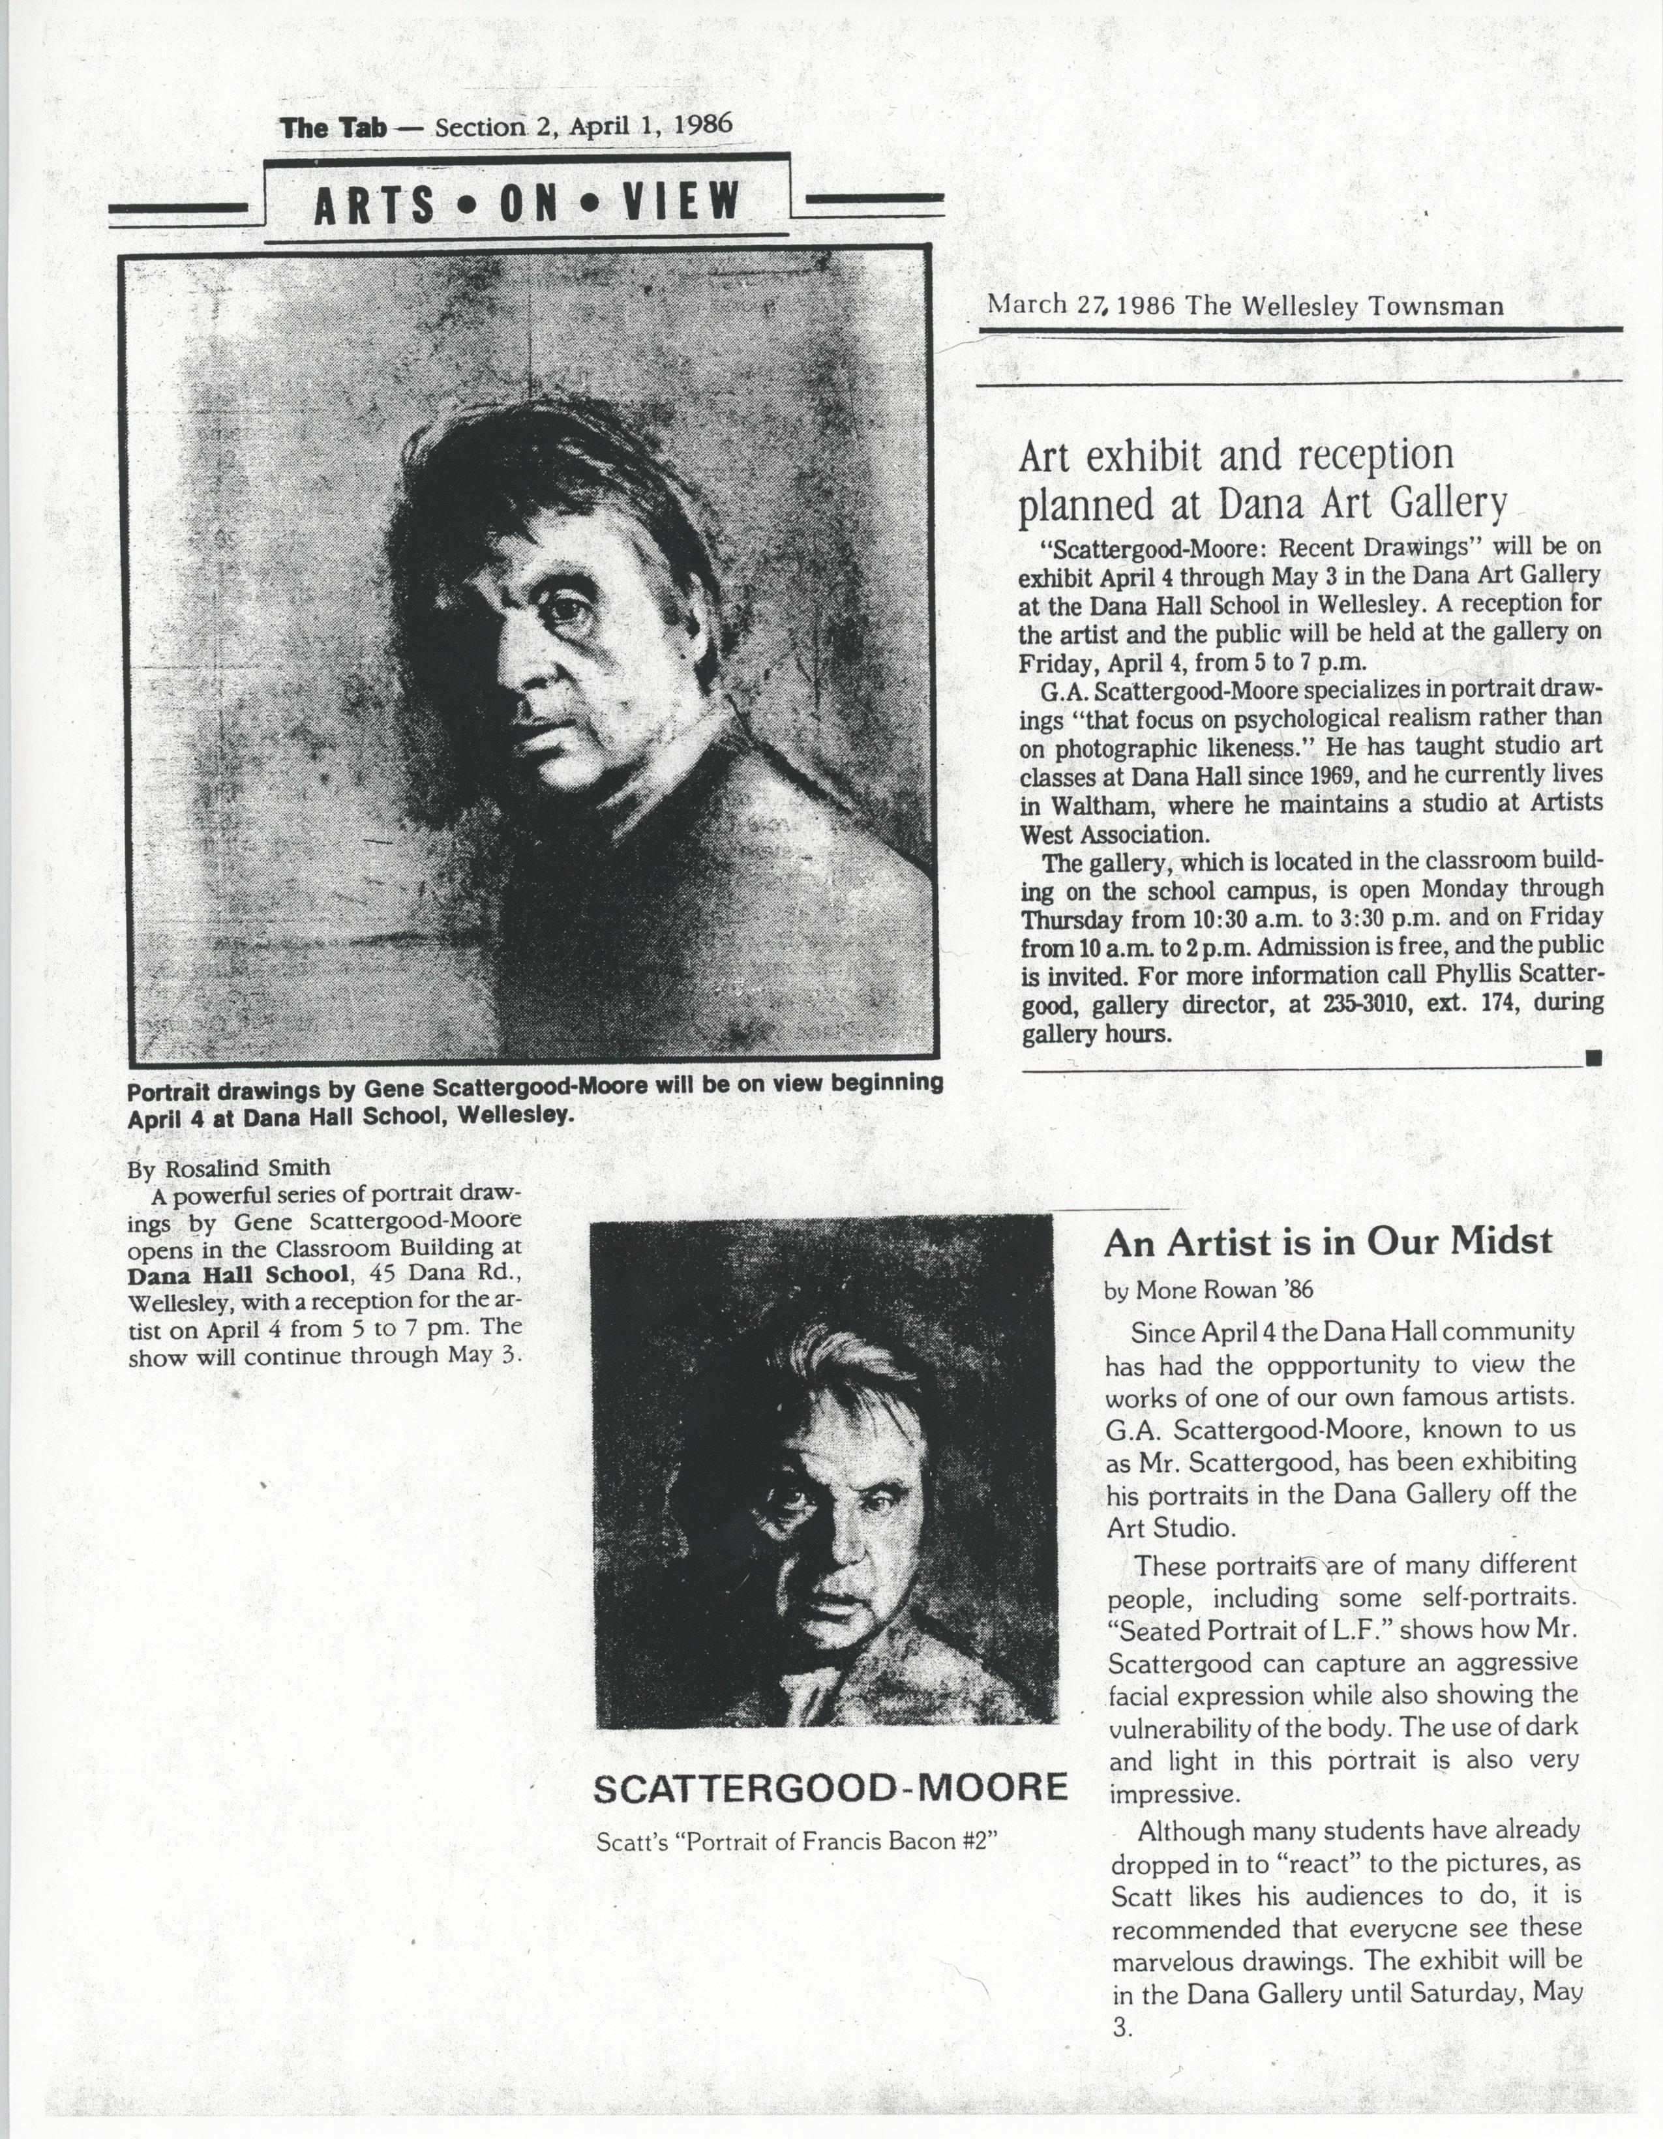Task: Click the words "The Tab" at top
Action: coord(334,128)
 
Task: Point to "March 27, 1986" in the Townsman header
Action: coord(1080,304)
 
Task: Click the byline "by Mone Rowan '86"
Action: coord(1208,1291)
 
